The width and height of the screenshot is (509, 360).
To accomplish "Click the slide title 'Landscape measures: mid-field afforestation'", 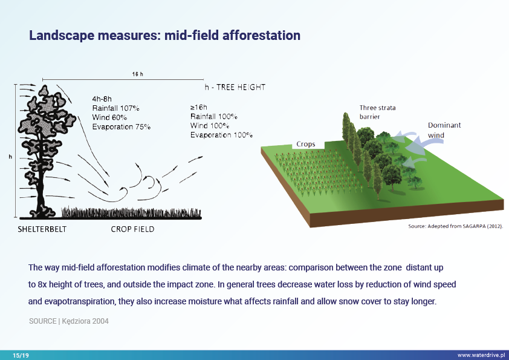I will (164, 35).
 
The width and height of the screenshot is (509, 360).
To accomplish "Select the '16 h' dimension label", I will (137, 74).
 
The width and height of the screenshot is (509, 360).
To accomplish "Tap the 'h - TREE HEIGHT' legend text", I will (235, 87).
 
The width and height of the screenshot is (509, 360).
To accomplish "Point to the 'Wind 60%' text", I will (109, 117).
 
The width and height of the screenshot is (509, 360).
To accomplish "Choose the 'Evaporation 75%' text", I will (122, 126).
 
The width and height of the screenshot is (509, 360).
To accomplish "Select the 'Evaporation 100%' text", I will (221, 134).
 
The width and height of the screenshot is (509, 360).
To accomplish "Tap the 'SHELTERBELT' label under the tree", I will (42, 229).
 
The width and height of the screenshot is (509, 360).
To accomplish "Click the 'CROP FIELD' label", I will (132, 229).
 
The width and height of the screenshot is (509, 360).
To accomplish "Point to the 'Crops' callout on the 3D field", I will (306, 145).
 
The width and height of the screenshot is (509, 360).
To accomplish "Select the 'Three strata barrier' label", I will (378, 112).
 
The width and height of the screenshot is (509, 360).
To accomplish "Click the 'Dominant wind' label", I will (444, 130).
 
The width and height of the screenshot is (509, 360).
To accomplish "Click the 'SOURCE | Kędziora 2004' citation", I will (69, 321).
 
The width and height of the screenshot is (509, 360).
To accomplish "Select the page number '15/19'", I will (21, 355).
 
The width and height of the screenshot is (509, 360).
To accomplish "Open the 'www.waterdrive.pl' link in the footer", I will (481, 355).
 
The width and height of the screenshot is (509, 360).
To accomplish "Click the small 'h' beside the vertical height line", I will (10, 157).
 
